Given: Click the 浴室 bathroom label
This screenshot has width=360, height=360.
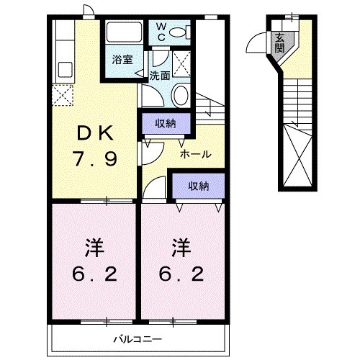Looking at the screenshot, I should click(122, 60).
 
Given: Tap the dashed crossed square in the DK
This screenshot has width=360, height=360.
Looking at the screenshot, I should click(62, 95).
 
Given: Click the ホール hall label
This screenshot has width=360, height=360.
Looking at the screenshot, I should click(194, 155).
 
